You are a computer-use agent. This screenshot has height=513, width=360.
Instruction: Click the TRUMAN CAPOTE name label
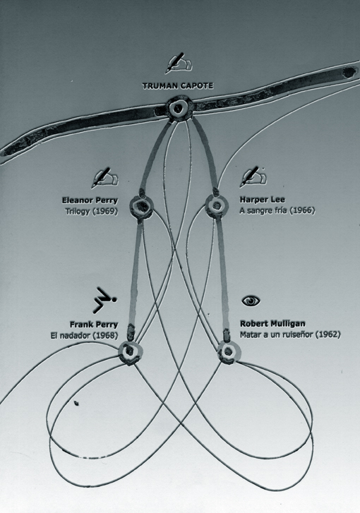click(178, 85)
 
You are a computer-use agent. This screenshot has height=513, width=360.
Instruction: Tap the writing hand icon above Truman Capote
click(179, 63)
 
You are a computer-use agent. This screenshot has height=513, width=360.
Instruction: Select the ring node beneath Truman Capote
click(179, 108)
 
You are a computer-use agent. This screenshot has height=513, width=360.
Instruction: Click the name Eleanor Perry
click(90, 200)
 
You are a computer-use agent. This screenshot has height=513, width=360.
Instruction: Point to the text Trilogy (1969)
click(92, 212)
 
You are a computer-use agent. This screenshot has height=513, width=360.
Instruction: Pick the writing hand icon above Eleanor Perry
click(104, 178)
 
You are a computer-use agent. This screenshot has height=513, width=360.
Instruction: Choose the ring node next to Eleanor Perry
click(141, 207)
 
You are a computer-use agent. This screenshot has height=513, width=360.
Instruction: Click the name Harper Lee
click(262, 200)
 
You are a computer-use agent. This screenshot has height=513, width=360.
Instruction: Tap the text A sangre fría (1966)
click(277, 210)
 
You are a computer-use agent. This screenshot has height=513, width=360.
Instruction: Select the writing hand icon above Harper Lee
click(253, 177)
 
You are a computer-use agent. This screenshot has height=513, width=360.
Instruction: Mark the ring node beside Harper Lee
click(216, 206)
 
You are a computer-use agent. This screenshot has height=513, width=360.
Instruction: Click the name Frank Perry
click(94, 325)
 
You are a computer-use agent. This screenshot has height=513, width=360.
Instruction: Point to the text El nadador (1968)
click(84, 335)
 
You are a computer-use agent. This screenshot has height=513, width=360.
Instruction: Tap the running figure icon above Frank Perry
click(104, 300)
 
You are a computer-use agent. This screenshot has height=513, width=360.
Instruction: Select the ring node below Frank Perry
click(131, 353)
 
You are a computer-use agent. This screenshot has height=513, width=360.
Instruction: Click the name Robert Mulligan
click(272, 324)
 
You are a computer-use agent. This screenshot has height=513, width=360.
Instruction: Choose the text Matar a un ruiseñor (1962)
click(290, 334)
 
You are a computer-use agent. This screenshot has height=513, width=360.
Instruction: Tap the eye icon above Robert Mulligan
click(251, 301)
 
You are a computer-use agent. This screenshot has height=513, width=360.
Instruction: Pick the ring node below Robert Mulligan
click(229, 352)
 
